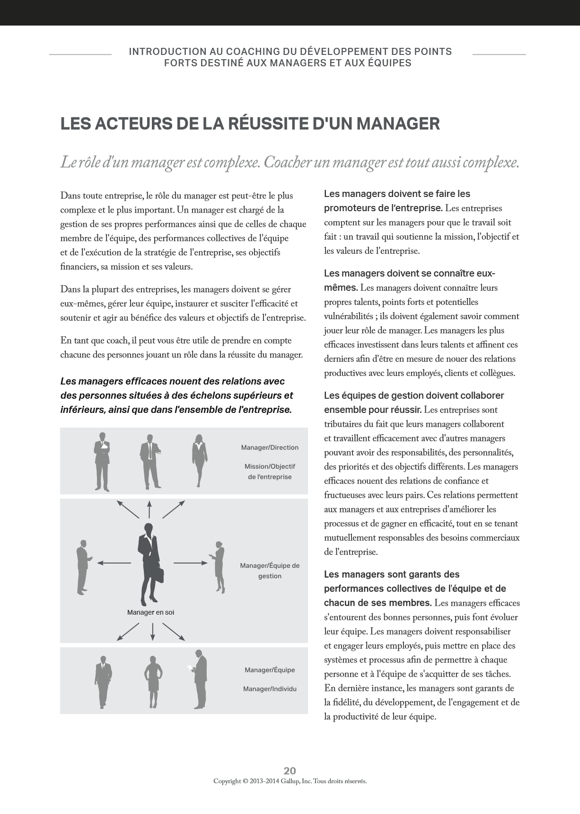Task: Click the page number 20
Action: tap(290, 770)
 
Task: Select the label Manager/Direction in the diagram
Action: tap(270, 447)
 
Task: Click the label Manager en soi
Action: tap(150, 612)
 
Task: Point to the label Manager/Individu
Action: tap(270, 689)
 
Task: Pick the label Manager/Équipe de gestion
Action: tap(270, 571)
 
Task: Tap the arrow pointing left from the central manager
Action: tap(114, 563)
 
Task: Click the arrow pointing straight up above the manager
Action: tap(149, 509)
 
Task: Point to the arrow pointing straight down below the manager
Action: tap(152, 631)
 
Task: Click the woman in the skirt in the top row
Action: tap(199, 460)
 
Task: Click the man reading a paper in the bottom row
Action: tap(200, 680)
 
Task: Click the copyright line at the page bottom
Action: tap(290, 781)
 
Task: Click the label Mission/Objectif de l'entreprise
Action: tap(270, 472)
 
